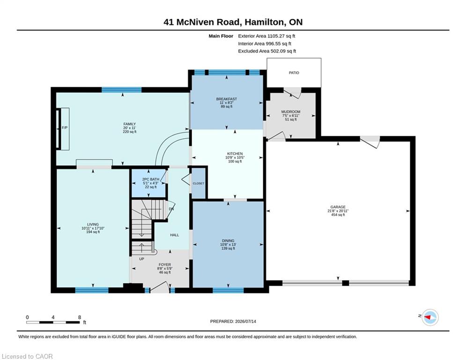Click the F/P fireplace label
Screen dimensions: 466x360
click(x=65, y=127)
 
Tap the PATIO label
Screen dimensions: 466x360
click(x=294, y=73)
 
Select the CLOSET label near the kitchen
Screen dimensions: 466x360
click(x=198, y=184)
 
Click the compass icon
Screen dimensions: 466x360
click(x=430, y=317)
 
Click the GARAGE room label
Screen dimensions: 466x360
click(x=338, y=207)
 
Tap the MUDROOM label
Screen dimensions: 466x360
click(x=291, y=112)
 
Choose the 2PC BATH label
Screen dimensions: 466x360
click(x=151, y=180)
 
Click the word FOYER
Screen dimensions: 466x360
click(x=165, y=264)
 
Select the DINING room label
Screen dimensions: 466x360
click(x=228, y=240)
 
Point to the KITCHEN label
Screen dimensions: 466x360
click(x=235, y=154)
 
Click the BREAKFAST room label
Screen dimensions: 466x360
click(x=227, y=99)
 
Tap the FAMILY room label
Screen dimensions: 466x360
click(x=130, y=124)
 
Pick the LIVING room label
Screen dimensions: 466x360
click(x=93, y=225)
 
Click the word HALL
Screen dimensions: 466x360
click(x=174, y=235)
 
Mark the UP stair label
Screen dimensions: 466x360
click(x=141, y=259)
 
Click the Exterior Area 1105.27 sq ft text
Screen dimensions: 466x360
click(x=266, y=36)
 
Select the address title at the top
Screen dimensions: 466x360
click(x=233, y=22)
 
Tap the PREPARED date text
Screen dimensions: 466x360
click(x=233, y=321)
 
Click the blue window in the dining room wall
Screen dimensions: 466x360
click(x=228, y=290)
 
